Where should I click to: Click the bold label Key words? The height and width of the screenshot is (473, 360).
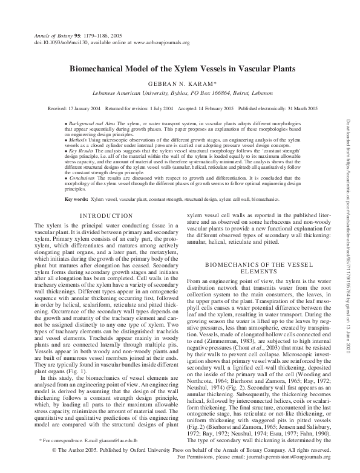76,198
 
